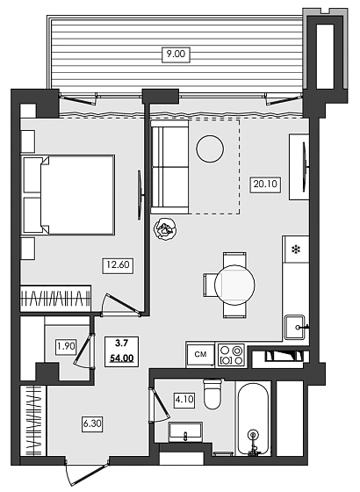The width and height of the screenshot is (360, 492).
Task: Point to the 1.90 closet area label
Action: tap(65, 345)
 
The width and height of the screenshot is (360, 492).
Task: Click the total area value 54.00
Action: tap(120, 358)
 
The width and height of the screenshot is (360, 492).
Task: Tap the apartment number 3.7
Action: tap(119, 344)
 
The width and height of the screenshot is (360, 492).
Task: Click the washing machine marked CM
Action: tap(200, 354)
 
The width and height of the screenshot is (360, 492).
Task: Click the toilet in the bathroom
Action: tap(212, 394)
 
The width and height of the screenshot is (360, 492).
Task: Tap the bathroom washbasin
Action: tap(186, 432)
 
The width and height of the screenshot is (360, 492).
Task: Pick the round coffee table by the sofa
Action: tap(210, 148)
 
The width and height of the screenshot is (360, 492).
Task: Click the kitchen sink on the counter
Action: tap(294, 327)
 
